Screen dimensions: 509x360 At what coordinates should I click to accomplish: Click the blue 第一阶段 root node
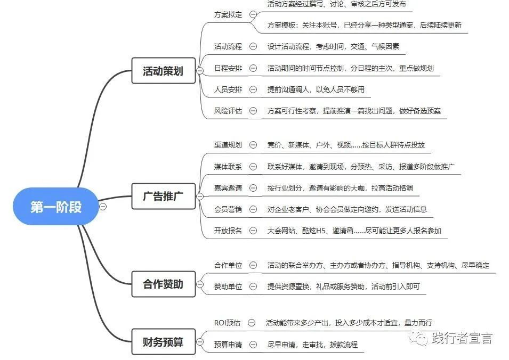(x=56, y=206)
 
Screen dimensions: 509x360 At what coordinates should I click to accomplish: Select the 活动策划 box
(x=163, y=71)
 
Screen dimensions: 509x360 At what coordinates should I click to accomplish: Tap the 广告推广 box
(x=163, y=196)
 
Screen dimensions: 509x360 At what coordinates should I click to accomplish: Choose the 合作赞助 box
(x=163, y=284)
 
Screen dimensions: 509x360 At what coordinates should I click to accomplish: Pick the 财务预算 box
(x=163, y=342)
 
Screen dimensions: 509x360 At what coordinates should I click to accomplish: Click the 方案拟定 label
(x=228, y=14)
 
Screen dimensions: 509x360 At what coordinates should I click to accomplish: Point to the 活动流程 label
(x=228, y=46)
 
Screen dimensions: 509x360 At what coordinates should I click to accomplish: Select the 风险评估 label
(x=228, y=111)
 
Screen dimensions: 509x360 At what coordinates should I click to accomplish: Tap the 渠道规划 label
(x=228, y=145)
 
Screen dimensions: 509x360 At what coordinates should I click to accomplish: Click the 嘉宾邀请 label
(x=228, y=188)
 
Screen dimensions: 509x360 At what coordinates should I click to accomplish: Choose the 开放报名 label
(x=228, y=231)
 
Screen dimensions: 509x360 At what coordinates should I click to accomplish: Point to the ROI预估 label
(x=227, y=323)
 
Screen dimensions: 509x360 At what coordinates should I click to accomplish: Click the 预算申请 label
(x=228, y=345)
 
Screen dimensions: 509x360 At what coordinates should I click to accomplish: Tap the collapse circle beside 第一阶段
(x=103, y=207)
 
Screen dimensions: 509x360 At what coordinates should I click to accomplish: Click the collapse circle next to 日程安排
(x=253, y=68)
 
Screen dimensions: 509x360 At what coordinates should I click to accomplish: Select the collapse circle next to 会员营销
(x=253, y=209)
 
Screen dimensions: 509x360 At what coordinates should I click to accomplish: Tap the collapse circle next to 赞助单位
(x=253, y=287)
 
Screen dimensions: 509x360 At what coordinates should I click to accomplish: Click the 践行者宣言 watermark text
(x=462, y=338)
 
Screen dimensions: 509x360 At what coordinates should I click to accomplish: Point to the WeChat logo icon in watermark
(x=419, y=338)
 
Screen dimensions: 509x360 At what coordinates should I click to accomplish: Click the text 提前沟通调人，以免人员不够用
(x=316, y=89)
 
